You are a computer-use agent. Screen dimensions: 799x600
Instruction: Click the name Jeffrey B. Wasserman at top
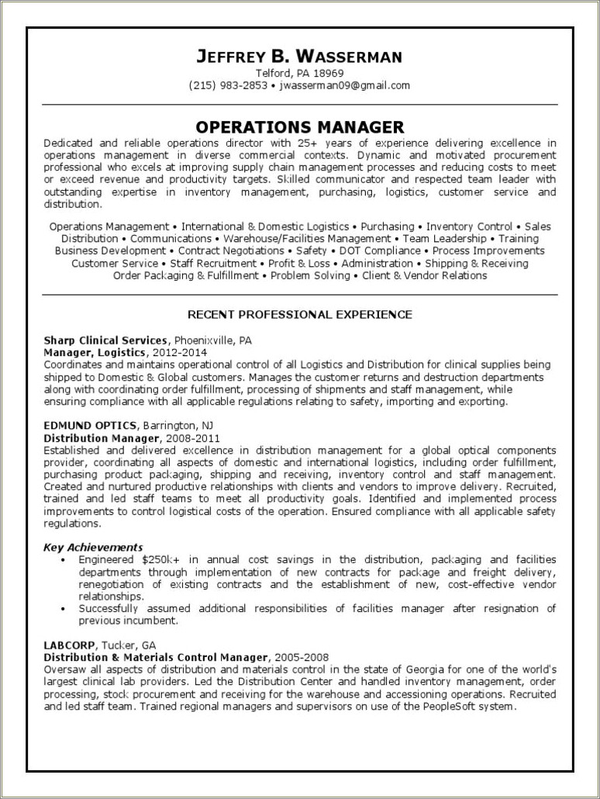tap(299, 56)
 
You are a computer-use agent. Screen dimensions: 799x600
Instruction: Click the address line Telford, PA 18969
tap(299, 73)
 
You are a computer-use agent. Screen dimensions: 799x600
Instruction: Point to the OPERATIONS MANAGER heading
tap(299, 126)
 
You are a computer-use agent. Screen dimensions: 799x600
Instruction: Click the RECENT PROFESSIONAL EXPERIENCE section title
tap(299, 314)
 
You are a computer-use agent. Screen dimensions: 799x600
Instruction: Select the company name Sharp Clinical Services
tap(105, 340)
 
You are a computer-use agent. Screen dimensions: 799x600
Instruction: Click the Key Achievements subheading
tap(93, 547)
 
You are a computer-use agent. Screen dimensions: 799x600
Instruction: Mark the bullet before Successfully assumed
tap(62, 609)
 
